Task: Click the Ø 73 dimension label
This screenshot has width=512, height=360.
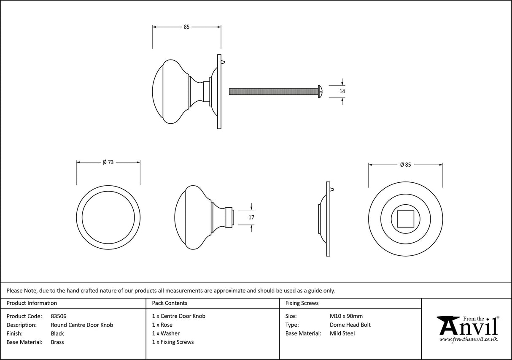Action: coord(108,162)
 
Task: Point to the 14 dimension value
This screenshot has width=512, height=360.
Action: coord(342,91)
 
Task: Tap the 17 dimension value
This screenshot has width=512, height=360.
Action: coord(251,217)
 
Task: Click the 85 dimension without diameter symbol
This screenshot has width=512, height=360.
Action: coord(186,27)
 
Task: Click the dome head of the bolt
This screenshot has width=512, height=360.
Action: coord(321,91)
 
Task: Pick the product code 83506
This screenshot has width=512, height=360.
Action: coord(59,316)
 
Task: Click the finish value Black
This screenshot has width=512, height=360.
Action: coord(57,333)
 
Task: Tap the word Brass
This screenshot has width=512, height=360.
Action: coord(57,342)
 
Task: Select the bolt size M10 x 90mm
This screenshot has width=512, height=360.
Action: coord(346,316)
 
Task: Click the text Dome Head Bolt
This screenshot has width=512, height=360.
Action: coord(350,325)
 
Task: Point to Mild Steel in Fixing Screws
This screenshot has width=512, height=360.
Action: coord(342,333)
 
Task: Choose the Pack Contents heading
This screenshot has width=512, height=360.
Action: coord(170,303)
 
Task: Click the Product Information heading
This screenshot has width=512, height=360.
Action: coord(32,303)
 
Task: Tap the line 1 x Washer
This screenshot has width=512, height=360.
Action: coord(166,333)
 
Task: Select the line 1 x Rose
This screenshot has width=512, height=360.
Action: coord(162,325)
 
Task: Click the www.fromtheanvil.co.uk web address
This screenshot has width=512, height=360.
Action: coord(468,339)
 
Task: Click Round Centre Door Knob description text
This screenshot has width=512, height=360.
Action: coord(82,325)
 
